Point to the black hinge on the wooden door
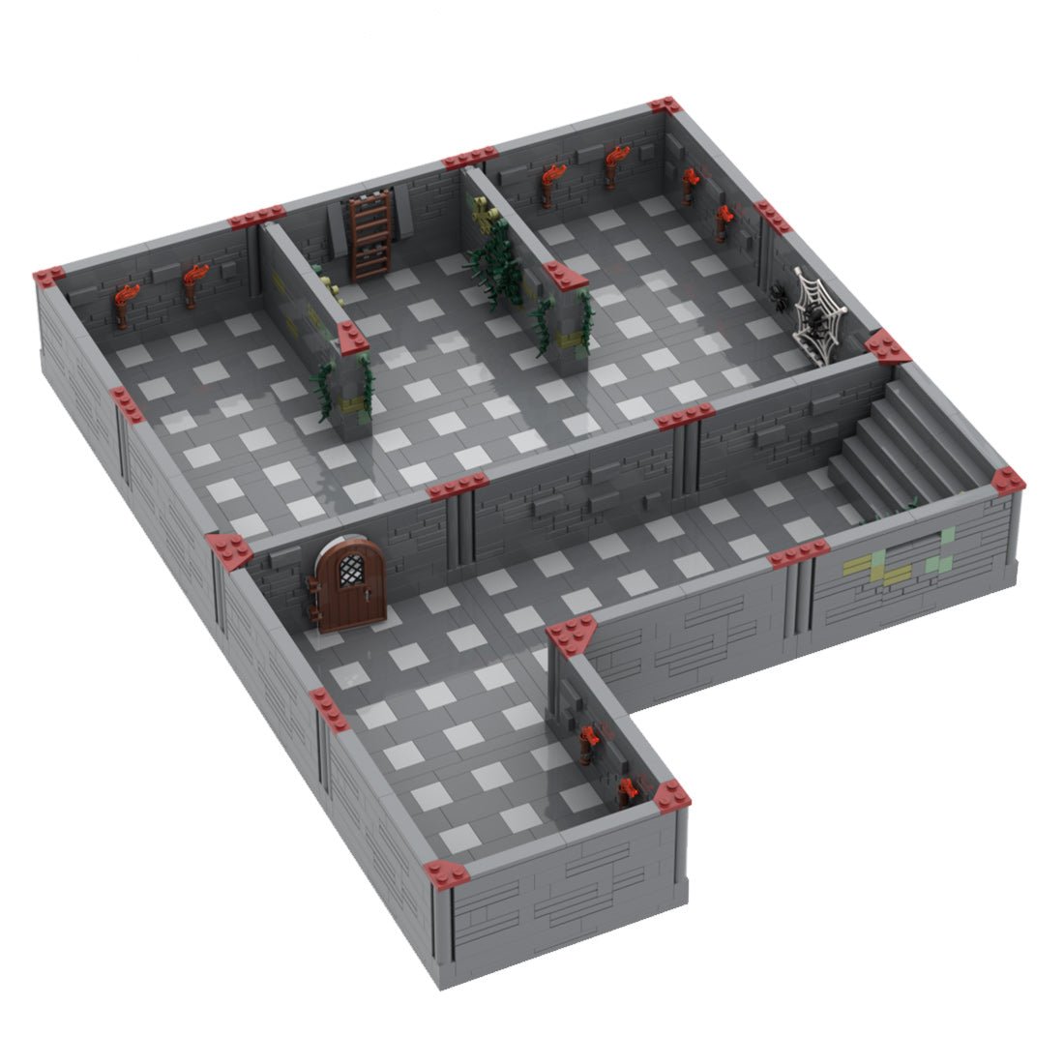click(315, 586)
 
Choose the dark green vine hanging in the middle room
click(493, 256)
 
